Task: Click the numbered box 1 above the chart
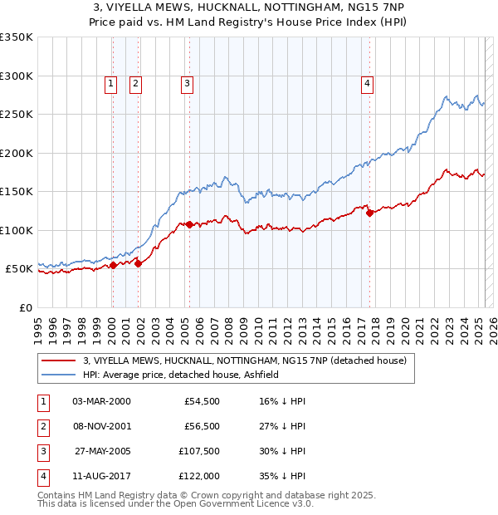pos(111,83)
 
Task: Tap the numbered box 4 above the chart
pos(366,83)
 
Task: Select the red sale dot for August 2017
pos(369,213)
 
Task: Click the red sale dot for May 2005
pos(189,224)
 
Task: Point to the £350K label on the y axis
pos(17,37)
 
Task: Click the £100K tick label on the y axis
pos(17,230)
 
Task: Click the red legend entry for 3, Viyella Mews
pos(244,361)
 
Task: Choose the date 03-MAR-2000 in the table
pos(101,401)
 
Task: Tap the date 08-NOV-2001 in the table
pos(101,426)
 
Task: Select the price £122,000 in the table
pos(198,476)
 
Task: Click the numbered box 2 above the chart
pos(134,83)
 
